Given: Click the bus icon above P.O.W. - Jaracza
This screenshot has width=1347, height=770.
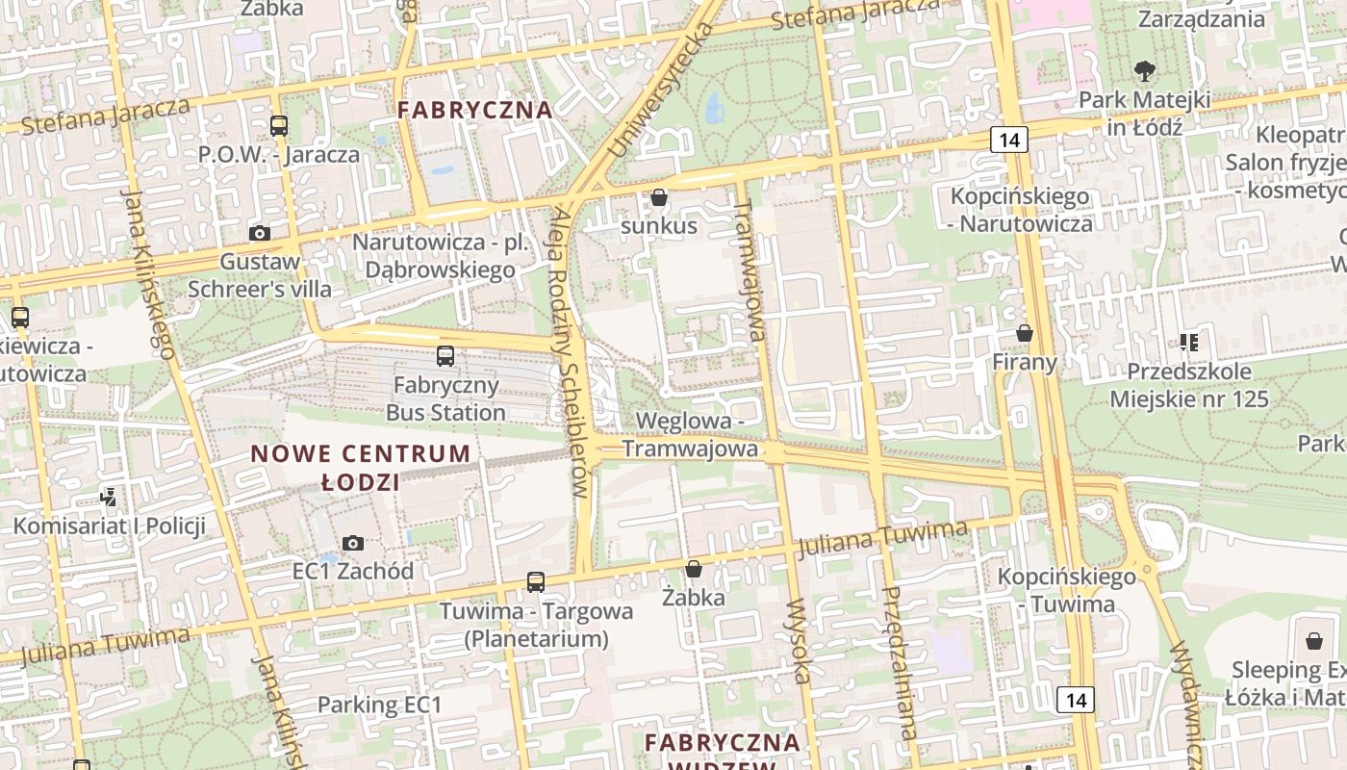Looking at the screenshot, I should click(279, 126).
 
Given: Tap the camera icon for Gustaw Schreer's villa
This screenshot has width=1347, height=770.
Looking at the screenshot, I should click(259, 233).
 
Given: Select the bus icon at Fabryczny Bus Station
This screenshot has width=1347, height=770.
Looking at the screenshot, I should click(445, 356).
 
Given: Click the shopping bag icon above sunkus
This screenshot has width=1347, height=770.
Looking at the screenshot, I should click(659, 198).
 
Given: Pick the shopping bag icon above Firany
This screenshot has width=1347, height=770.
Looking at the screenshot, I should click(1025, 334).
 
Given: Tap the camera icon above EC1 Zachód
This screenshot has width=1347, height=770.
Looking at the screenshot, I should click(353, 543).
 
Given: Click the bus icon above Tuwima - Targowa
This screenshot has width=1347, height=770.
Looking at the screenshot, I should click(536, 582).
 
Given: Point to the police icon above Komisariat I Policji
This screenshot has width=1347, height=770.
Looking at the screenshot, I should click(109, 498).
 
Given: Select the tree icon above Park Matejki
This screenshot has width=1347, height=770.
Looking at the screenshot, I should click(1144, 70).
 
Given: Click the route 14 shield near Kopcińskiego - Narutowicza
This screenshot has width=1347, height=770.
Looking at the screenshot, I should click(1008, 140).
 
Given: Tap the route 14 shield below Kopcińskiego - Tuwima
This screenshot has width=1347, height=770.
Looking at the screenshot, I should click(1075, 700).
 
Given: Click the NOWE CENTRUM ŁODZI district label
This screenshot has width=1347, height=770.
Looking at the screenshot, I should click(361, 467).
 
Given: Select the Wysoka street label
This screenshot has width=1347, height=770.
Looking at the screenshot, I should click(800, 641).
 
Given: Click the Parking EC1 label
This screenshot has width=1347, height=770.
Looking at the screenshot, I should click(379, 705).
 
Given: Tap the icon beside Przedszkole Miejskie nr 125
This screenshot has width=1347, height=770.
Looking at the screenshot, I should click(1188, 343).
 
